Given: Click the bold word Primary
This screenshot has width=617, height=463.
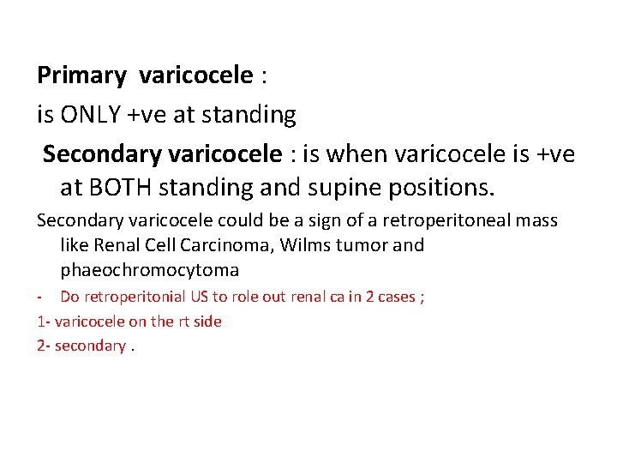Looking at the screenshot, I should [81, 76].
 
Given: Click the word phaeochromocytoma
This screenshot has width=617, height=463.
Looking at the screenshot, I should [149, 270].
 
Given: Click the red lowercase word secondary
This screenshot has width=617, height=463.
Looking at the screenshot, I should [90, 346].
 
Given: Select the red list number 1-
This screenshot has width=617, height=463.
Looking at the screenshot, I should [44, 322].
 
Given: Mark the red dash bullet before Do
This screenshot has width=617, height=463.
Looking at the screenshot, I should [39, 298].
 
